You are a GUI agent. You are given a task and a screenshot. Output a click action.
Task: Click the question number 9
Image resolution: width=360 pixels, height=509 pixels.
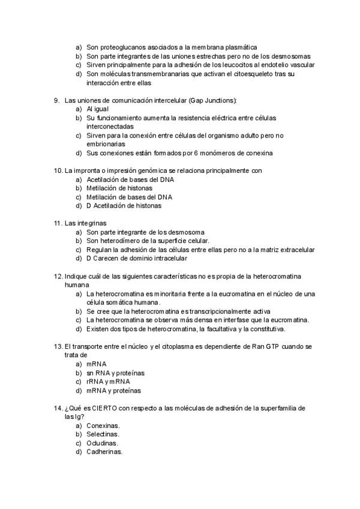(x=56, y=99)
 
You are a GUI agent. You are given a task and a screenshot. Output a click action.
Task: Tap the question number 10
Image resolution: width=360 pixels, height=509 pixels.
(x=58, y=170)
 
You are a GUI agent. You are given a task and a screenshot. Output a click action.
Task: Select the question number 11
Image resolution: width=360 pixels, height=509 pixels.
(x=58, y=223)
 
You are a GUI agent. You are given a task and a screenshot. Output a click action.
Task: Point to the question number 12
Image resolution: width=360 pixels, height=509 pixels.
(x=58, y=276)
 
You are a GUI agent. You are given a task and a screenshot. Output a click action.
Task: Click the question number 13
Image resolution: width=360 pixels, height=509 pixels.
(x=58, y=346)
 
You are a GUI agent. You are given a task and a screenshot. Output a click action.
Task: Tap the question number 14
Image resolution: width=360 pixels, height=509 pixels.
(x=58, y=408)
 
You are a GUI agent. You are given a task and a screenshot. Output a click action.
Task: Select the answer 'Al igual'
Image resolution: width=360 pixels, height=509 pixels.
(x=97, y=109)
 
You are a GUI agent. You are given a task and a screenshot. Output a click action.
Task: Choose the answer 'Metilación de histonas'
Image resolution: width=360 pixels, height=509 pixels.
(x=120, y=188)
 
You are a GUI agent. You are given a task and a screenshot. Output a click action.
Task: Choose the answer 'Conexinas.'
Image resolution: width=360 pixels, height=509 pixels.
(x=103, y=426)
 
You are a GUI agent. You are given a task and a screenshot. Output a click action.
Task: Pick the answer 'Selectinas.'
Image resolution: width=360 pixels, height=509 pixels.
(x=103, y=434)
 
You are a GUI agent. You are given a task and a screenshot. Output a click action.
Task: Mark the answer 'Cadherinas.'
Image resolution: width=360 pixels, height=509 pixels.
(x=104, y=451)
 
